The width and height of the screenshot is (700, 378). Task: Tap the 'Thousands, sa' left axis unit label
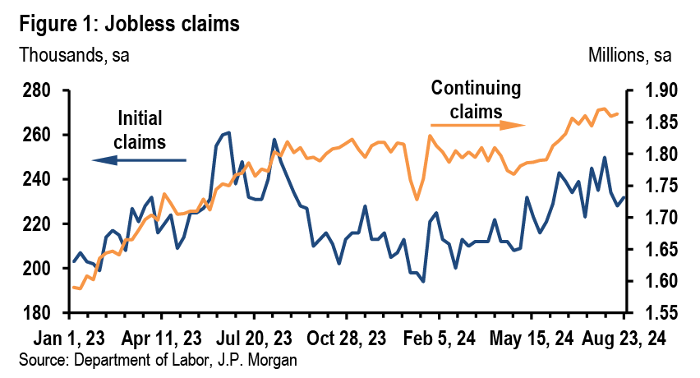pyautogui.click(x=74, y=56)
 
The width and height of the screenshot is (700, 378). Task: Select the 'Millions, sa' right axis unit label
pyautogui.click(x=629, y=56)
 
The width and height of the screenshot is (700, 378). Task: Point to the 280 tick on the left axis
pyautogui.click(x=38, y=90)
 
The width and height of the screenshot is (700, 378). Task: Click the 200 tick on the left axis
pyautogui.click(x=38, y=268)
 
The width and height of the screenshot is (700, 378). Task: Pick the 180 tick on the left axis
pyautogui.click(x=38, y=312)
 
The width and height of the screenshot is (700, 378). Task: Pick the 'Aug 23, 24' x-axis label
pyautogui.click(x=624, y=338)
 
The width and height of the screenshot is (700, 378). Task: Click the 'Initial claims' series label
pyautogui.click(x=141, y=129)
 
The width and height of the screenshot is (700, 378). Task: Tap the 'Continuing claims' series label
pyautogui.click(x=477, y=98)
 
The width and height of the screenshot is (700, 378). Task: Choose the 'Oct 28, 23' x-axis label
pyautogui.click(x=348, y=338)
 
